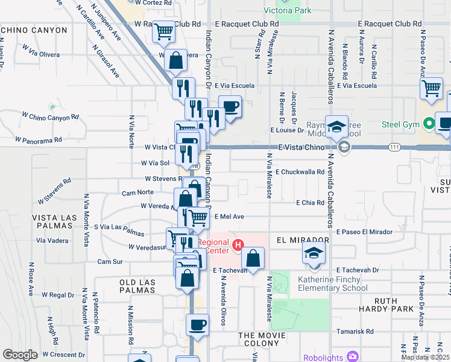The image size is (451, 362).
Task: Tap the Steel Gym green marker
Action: pos(429,125)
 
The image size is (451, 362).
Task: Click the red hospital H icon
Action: pos(238,246)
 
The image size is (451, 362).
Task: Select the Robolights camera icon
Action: pos(352,357)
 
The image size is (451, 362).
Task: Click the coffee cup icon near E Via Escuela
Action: pos(230,107)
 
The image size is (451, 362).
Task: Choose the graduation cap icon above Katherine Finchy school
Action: pos(313,253)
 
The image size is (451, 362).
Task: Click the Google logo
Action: pos(20,355)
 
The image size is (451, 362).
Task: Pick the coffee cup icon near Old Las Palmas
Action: pos(197,326)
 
